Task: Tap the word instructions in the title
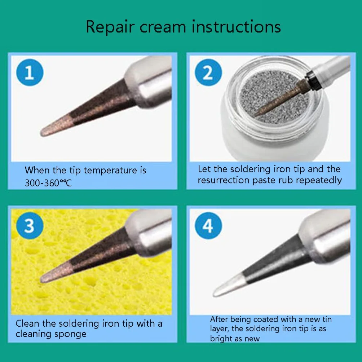point(236,27)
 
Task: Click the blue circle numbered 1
point(30,72)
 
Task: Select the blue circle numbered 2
point(208,72)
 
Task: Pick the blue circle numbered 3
point(30,226)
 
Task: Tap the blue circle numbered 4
point(208,226)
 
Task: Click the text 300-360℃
point(48,183)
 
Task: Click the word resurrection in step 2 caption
point(224,180)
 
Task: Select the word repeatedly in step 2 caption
point(319,180)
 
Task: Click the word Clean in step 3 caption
point(27,324)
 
